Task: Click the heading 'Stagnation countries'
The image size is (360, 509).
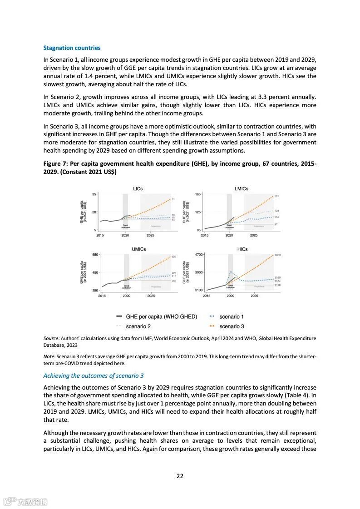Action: (72, 48)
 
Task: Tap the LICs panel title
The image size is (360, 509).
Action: (138, 188)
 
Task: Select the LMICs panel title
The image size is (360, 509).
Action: (242, 188)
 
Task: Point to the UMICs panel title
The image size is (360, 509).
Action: (138, 249)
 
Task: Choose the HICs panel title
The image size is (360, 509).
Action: (242, 249)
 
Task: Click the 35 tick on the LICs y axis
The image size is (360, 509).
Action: (94, 194)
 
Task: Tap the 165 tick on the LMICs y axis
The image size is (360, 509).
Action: (198, 194)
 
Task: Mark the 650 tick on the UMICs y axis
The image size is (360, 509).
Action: (95, 255)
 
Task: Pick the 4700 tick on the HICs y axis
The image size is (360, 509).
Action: (198, 255)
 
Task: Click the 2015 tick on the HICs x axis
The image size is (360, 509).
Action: (207, 296)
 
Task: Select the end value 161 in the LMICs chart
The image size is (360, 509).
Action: (276, 196)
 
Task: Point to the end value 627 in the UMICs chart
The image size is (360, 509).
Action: (174, 257)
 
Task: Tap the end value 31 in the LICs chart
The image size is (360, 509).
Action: (173, 199)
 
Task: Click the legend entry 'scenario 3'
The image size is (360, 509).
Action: (231, 326)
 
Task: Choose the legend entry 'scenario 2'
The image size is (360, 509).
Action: (138, 326)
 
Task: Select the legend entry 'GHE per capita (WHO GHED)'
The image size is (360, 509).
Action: (161, 316)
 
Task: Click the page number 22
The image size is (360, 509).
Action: (180, 476)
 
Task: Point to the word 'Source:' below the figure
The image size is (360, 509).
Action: (51, 338)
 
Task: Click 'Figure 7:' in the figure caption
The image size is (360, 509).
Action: (56, 164)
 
